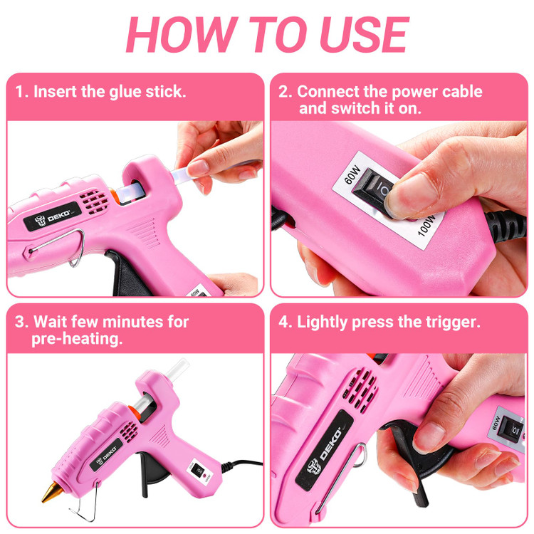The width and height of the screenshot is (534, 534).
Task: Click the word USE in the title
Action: coord(364,34)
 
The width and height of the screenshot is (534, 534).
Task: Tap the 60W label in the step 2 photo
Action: coord(352,174)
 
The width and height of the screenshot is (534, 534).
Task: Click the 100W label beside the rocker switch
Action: coord(426,225)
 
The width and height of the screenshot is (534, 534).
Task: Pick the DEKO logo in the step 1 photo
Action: coord(53,217)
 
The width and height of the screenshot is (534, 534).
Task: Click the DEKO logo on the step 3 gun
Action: coord(106,455)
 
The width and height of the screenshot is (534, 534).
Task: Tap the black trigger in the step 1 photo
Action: coord(127,273)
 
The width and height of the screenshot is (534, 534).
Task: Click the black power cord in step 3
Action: coord(242,464)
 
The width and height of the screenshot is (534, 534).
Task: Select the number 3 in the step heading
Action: coord(19,322)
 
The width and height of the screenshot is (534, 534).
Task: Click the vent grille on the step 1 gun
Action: coord(94,201)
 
